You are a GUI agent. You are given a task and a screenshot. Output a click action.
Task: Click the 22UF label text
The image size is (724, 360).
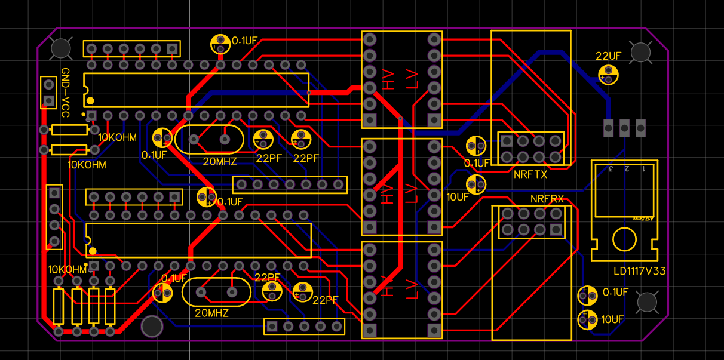608,56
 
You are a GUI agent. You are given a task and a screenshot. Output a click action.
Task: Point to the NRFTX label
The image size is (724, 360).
530,175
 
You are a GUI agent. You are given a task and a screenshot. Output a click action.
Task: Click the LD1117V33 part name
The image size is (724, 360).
640,271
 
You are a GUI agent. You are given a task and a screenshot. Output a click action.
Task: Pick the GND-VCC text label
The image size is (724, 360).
65,93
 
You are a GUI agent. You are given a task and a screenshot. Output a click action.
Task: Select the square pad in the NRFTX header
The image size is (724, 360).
507,141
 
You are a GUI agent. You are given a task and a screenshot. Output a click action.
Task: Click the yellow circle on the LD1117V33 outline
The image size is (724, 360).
624,240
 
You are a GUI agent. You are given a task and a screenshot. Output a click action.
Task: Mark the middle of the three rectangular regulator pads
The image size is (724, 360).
624,127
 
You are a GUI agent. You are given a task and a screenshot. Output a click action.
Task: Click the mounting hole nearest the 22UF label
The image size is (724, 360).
640,52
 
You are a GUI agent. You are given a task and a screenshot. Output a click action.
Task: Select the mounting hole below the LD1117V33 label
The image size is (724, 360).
648,302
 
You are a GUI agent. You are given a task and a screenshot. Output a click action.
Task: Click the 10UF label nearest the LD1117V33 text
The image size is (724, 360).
612,319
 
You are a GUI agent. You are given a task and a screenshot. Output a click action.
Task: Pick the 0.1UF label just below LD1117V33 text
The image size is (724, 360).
615,292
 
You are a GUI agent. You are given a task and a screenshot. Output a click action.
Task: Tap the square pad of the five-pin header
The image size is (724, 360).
272,326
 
